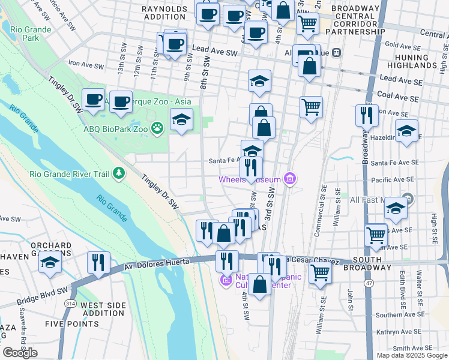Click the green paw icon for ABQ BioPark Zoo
pos(158,127)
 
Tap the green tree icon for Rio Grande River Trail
pos(119,173)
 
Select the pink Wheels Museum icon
pos(291,179)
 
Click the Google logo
pos(20,353)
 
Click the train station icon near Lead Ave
pos(336,52)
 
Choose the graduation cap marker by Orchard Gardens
pos(51,262)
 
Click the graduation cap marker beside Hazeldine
pos(406,131)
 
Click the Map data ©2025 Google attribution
pos(411,355)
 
